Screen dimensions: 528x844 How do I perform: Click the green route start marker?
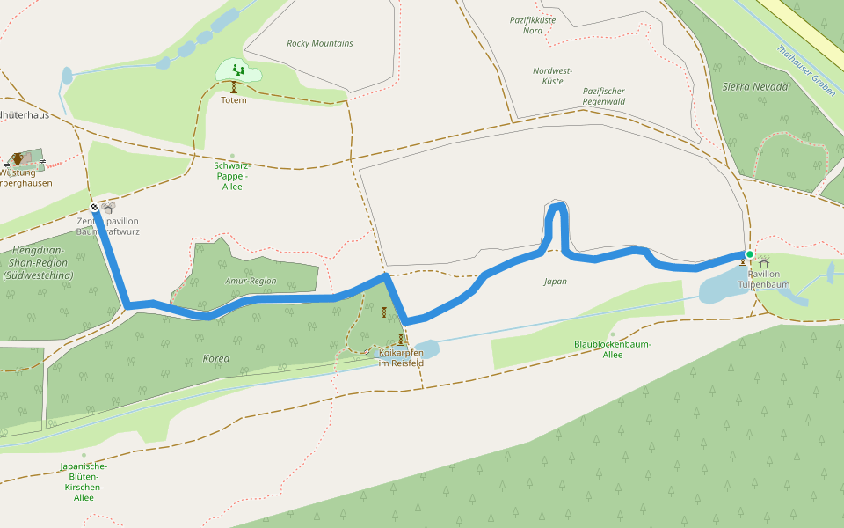750,254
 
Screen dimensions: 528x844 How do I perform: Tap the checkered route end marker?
94,208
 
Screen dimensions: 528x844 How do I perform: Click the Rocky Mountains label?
320,43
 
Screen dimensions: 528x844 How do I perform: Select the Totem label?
234,99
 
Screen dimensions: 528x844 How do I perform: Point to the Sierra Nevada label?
756,86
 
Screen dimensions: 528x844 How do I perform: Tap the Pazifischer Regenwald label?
603,96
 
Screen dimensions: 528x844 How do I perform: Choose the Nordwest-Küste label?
553,76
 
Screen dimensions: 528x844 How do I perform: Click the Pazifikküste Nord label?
533,25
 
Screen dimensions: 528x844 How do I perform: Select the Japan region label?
555,282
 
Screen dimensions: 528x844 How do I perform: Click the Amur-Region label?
251,281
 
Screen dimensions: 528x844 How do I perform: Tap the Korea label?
216,359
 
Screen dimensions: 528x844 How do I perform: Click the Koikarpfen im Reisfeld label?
401,357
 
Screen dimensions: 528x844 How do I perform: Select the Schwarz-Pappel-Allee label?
232,175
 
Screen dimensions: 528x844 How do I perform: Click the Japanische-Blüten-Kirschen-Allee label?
84,481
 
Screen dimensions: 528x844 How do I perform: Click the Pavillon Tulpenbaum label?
763,279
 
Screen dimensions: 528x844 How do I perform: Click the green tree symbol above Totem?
236,69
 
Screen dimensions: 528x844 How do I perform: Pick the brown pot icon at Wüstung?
18,159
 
